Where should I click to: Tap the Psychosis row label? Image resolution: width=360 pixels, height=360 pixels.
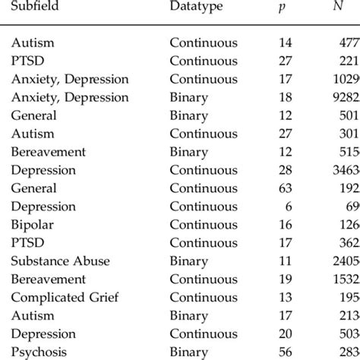[x=39, y=352]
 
